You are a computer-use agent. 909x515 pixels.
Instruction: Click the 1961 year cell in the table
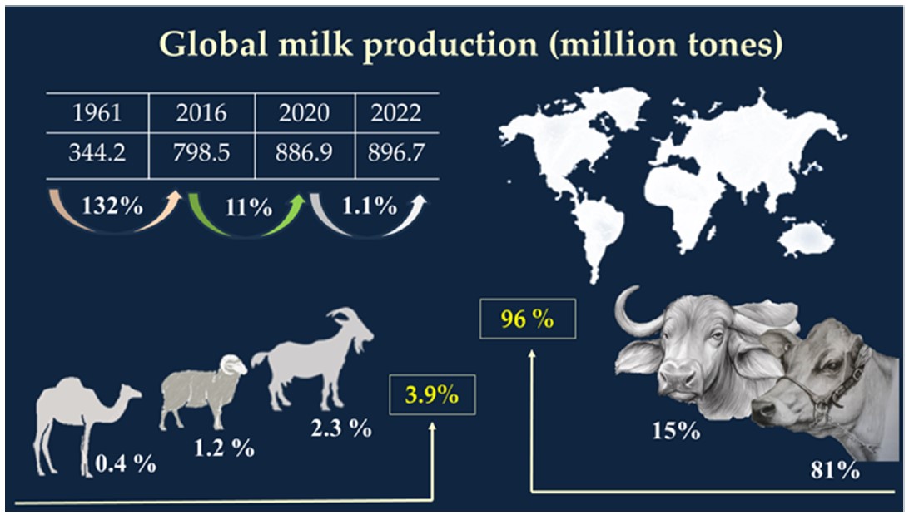[x=97, y=113]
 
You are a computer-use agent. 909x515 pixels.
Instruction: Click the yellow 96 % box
[x=528, y=319]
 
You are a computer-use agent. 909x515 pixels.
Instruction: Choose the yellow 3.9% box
[x=432, y=394]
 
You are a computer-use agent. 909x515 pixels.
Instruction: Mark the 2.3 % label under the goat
[x=340, y=430]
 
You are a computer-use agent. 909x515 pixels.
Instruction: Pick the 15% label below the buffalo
[x=676, y=432]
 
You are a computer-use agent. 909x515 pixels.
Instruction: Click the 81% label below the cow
[x=834, y=471]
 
